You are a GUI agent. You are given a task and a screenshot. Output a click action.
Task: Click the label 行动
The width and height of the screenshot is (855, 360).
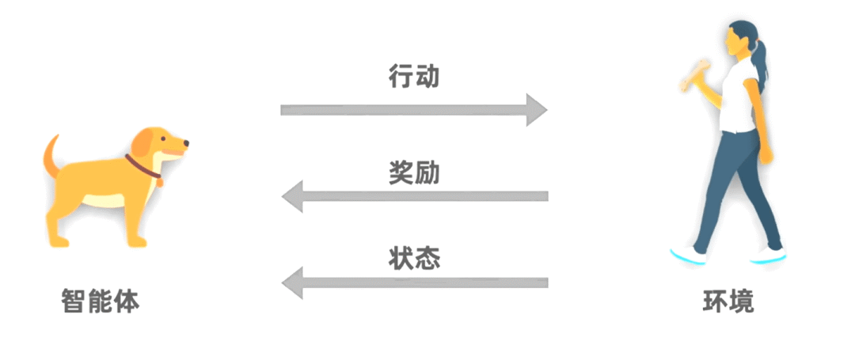coord(413,77)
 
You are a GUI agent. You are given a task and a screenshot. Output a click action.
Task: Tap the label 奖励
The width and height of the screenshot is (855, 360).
coord(413,171)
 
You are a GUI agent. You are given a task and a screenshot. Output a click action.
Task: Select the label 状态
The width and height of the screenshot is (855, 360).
coord(413,258)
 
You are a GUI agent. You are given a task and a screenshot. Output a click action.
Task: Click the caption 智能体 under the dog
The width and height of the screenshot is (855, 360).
coord(100,301)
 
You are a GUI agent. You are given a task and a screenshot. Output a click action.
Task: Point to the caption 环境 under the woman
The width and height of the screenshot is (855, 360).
coord(728,301)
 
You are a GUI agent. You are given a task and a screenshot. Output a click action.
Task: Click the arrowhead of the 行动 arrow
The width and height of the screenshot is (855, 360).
coord(536,109)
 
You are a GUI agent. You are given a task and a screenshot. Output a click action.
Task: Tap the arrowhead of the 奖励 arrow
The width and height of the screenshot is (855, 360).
coord(293,195)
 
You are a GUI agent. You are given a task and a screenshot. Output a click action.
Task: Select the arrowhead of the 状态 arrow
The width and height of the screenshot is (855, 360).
coord(293,282)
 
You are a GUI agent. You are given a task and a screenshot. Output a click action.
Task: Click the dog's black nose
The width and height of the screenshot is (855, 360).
coord(186,144)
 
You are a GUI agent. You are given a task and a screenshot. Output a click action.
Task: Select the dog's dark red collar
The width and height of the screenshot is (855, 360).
coord(142,169)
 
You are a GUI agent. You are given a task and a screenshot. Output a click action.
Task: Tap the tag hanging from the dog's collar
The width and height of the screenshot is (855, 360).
coord(159,183)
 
